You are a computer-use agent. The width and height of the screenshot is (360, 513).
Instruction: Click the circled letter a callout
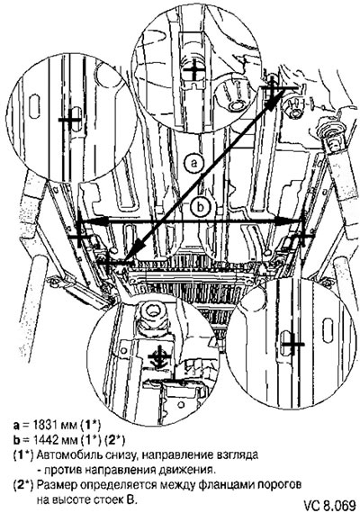point(194,163)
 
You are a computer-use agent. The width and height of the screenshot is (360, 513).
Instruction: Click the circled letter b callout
point(201,206)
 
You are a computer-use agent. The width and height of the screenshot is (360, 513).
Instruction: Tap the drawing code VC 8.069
point(329,504)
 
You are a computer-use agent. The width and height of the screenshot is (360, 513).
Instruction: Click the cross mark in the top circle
point(194,70)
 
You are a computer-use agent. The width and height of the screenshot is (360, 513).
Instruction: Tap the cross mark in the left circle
point(70,120)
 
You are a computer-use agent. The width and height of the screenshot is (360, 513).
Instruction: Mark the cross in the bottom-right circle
point(292,344)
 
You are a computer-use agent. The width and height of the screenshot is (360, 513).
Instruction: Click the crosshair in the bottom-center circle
point(159,356)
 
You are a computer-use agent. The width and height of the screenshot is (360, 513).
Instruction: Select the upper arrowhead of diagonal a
point(275,98)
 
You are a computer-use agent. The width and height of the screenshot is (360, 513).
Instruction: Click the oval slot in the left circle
point(34,106)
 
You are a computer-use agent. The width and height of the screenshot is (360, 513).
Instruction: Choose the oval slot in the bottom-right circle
point(328,330)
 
